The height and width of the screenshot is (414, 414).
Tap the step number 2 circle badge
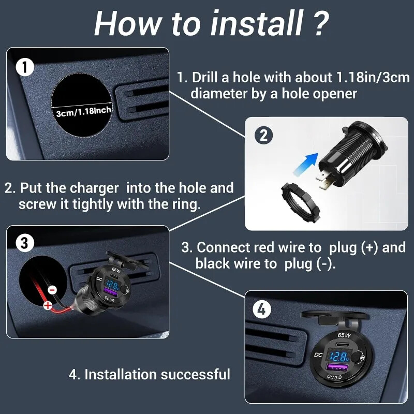[x=263, y=136]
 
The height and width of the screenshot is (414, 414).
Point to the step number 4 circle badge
[x=262, y=309]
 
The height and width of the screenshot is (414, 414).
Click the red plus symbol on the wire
[x=48, y=305]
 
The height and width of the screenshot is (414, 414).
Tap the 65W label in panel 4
[x=344, y=336]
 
